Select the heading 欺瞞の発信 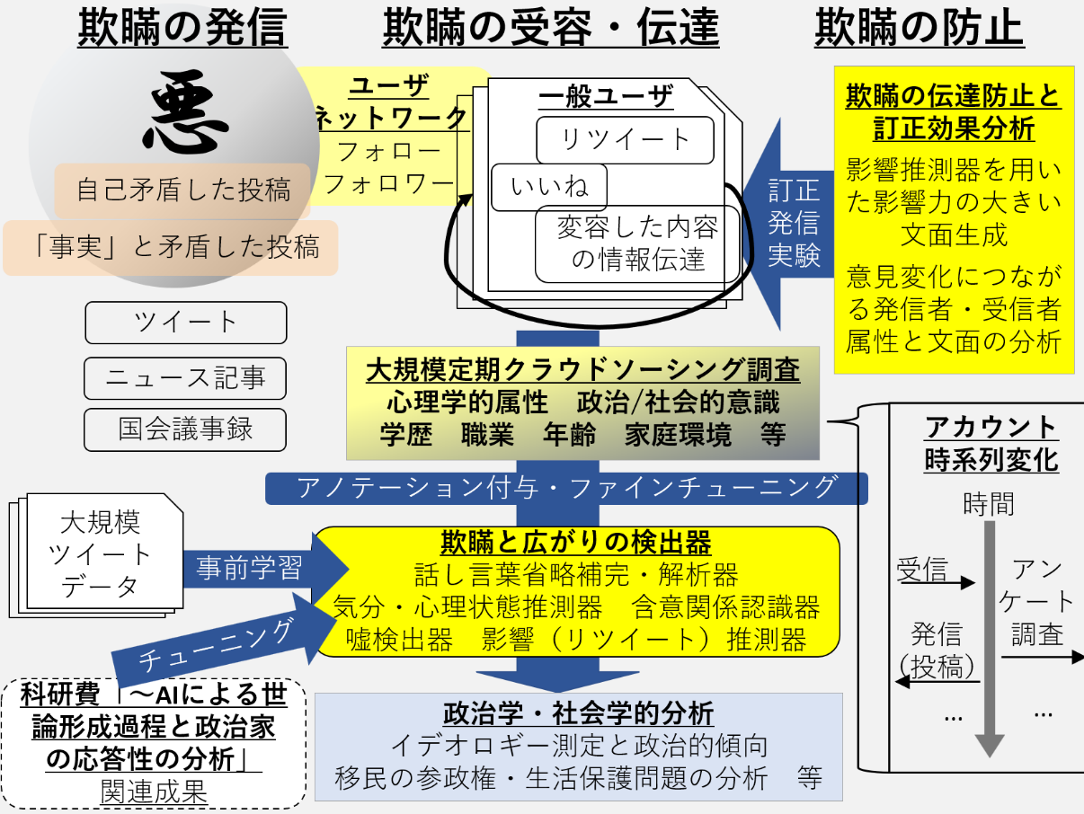point(182,29)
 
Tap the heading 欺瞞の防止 point(919,29)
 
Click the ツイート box point(185,323)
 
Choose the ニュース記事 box point(185,378)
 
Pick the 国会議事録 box point(185,429)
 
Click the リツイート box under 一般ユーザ point(625,140)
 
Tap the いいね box point(548,188)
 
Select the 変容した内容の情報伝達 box point(637,243)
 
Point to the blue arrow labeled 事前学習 point(261,569)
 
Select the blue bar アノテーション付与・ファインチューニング point(566,488)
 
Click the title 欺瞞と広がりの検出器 point(575,543)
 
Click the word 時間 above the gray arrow point(988,504)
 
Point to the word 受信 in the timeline point(921,570)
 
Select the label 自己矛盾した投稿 point(183,190)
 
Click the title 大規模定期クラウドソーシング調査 point(582,369)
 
